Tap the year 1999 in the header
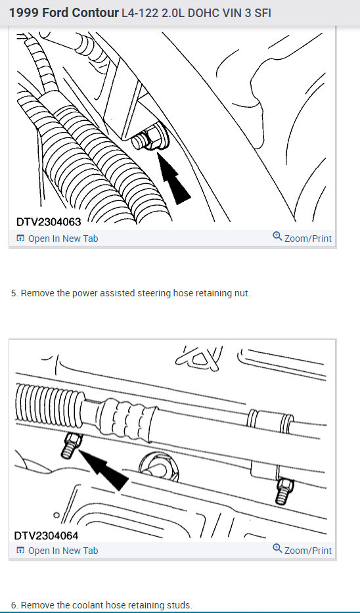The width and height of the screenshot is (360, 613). pyautogui.click(x=24, y=13)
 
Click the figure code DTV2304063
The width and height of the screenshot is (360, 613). pyautogui.click(x=49, y=222)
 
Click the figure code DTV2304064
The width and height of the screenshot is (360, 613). pyautogui.click(x=46, y=535)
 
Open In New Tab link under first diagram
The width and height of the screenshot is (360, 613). pyautogui.click(x=57, y=238)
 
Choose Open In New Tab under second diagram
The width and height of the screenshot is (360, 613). pyautogui.click(x=57, y=551)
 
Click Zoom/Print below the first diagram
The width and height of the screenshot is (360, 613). pyautogui.click(x=302, y=238)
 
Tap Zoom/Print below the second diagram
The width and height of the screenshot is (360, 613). pyautogui.click(x=302, y=550)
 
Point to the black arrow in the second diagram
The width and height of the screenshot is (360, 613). pyautogui.click(x=104, y=468)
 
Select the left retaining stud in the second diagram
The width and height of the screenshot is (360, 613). pyautogui.click(x=71, y=445)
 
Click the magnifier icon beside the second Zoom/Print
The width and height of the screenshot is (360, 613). pyautogui.click(x=277, y=549)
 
